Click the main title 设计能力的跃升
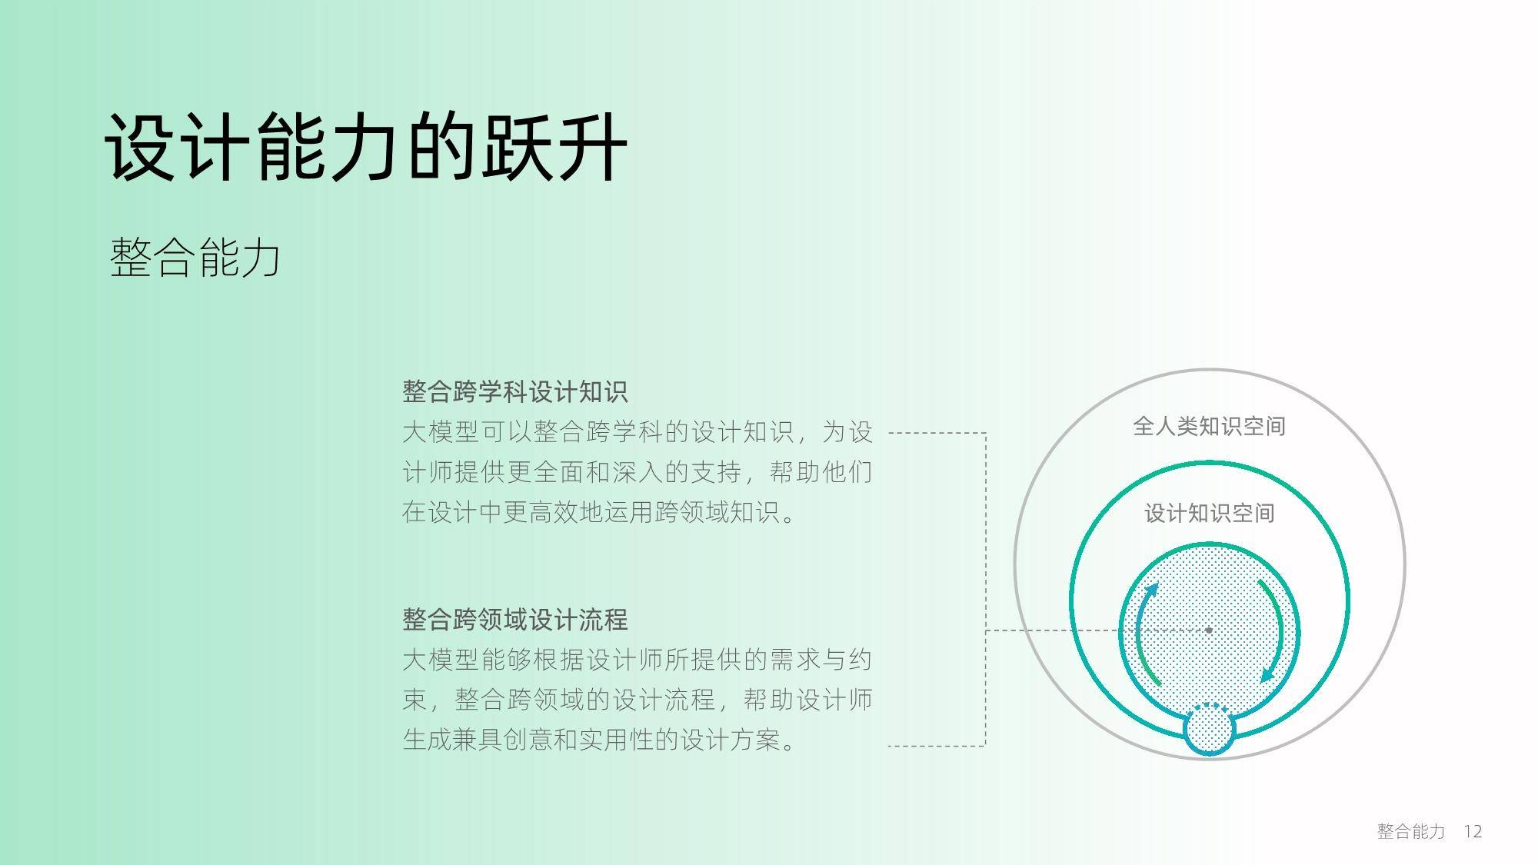point(366,148)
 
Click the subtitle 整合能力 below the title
point(195,257)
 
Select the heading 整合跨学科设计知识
point(514,391)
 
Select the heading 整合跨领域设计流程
point(514,619)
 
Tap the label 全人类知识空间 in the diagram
point(1209,426)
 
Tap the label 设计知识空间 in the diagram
point(1209,513)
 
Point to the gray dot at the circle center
point(1209,630)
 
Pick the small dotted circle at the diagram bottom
point(1209,729)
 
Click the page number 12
point(1473,831)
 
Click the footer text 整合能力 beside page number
point(1411,831)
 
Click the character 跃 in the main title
point(517,148)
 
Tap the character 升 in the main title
point(592,148)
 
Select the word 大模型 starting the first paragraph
point(441,431)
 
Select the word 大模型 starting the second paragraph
point(441,659)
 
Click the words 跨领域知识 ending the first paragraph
point(717,511)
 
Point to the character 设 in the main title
point(140,148)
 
